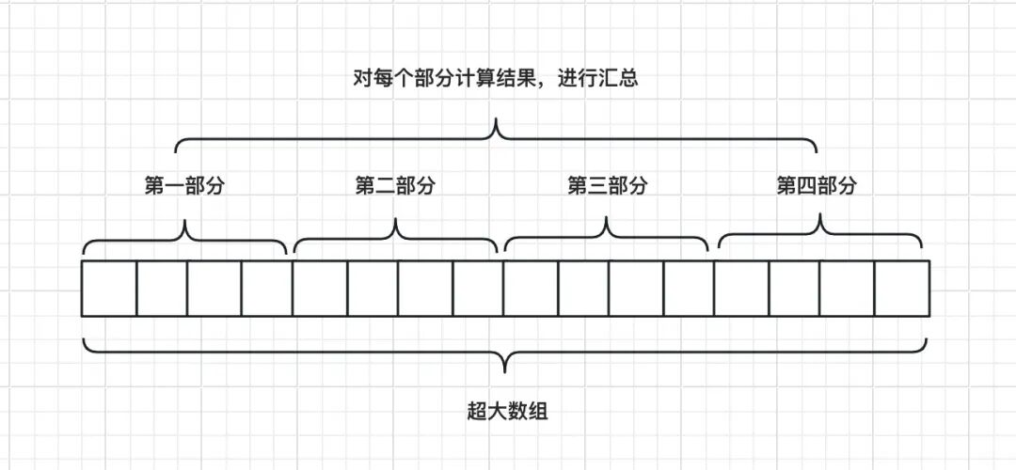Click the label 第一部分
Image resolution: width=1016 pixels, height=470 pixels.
(184, 186)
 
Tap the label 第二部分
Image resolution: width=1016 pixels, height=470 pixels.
(395, 186)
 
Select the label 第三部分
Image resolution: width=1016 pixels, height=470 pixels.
(607, 186)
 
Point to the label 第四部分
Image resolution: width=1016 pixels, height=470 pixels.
(817, 186)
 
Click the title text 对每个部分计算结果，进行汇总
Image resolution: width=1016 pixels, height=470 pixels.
(494, 78)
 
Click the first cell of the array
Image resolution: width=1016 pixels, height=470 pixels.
(109, 289)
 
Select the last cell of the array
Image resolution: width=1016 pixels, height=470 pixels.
(902, 289)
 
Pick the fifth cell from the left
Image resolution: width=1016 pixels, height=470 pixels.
(320, 289)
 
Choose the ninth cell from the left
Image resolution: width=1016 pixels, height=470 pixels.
(531, 289)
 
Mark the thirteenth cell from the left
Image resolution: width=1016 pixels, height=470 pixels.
(741, 289)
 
